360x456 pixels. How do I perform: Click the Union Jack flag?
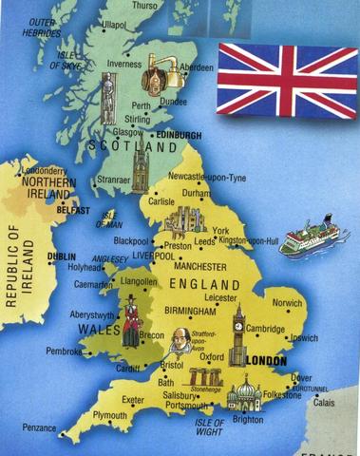coord(287,79)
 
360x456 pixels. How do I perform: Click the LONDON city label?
coord(266,361)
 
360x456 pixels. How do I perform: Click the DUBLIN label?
coord(64,256)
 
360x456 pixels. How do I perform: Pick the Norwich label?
coord(287,303)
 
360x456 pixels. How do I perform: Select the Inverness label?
coord(123,65)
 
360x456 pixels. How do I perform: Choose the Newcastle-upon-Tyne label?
coord(207,177)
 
